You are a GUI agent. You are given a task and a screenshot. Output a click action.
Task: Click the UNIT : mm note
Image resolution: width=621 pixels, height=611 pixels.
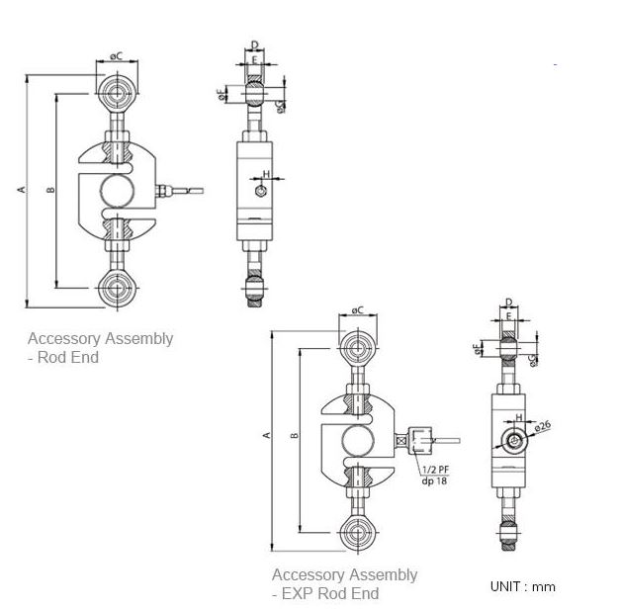[522, 586]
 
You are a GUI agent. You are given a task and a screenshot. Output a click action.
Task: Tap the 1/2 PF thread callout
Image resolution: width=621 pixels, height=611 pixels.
[434, 469]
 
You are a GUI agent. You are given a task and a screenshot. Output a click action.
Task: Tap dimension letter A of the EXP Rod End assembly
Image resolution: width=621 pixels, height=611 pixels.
[265, 435]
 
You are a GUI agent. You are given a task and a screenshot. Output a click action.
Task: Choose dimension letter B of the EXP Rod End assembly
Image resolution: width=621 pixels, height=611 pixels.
[295, 435]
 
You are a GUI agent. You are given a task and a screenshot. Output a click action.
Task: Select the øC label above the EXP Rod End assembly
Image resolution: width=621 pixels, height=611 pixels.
[357, 310]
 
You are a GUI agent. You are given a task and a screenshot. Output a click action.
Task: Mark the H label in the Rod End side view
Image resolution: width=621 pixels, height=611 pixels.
[266, 174]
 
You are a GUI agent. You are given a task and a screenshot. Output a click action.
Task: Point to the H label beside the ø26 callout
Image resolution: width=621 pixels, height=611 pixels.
[517, 418]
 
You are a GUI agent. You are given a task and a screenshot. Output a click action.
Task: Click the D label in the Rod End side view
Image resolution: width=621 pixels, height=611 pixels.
[255, 44]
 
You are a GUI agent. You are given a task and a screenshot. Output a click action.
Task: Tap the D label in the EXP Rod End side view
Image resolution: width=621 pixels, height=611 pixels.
[507, 302]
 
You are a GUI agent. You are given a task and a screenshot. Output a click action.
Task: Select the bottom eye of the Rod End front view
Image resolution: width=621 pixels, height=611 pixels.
[118, 289]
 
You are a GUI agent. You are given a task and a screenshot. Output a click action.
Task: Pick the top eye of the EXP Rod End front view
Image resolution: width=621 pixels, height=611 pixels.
[357, 347]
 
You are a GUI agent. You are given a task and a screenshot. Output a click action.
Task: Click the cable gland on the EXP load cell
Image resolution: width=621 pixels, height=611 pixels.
[415, 436]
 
